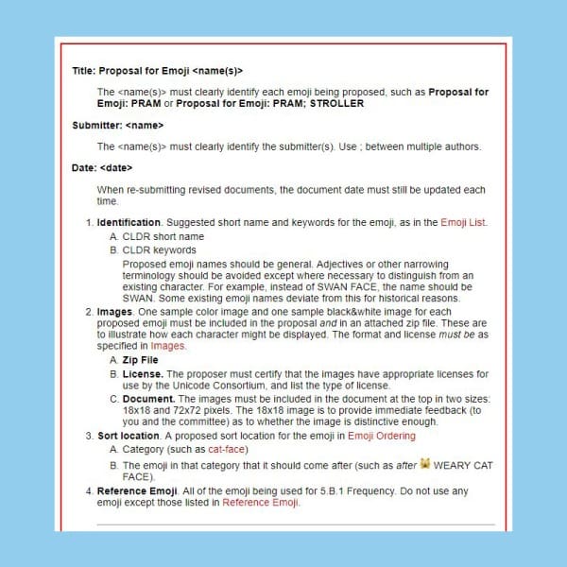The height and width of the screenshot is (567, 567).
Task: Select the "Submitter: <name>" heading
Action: pos(117,125)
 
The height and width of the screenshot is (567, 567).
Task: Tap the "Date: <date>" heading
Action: pos(102,168)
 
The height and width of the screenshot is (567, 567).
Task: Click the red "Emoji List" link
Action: pos(463,223)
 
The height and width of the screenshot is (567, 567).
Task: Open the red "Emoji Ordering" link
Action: pos(382,436)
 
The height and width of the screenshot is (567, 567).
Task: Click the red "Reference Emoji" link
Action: pos(262,504)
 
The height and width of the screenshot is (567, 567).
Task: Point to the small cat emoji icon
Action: pos(425,464)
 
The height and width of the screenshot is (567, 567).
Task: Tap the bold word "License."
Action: pos(145,375)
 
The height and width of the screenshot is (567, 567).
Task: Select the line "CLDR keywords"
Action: pos(160,250)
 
